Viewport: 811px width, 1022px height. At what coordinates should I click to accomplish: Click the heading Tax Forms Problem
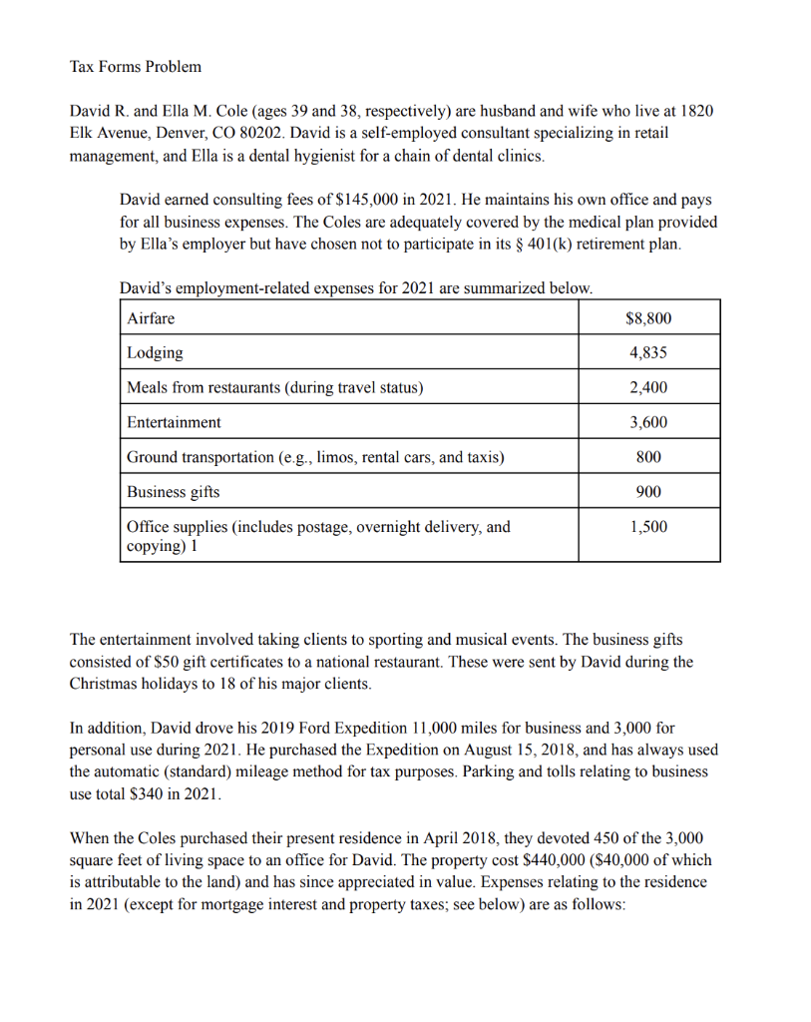[135, 67]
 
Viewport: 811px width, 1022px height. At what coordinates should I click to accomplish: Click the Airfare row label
[151, 318]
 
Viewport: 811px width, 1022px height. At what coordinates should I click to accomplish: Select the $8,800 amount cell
[648, 318]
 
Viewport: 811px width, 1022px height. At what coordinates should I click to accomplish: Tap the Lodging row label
[155, 352]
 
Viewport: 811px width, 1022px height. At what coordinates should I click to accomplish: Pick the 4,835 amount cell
[648, 352]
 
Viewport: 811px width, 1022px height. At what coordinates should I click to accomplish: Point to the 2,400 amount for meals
[648, 387]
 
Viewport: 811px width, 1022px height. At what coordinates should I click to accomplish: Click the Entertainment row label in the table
[174, 422]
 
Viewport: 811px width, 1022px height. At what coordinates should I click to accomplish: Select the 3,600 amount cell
[648, 422]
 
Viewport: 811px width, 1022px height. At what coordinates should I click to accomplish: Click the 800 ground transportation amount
[648, 457]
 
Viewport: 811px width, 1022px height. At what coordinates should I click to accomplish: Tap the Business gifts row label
[173, 492]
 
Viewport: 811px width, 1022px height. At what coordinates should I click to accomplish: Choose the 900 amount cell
[648, 492]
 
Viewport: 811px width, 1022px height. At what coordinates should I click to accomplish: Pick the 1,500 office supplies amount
[648, 527]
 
